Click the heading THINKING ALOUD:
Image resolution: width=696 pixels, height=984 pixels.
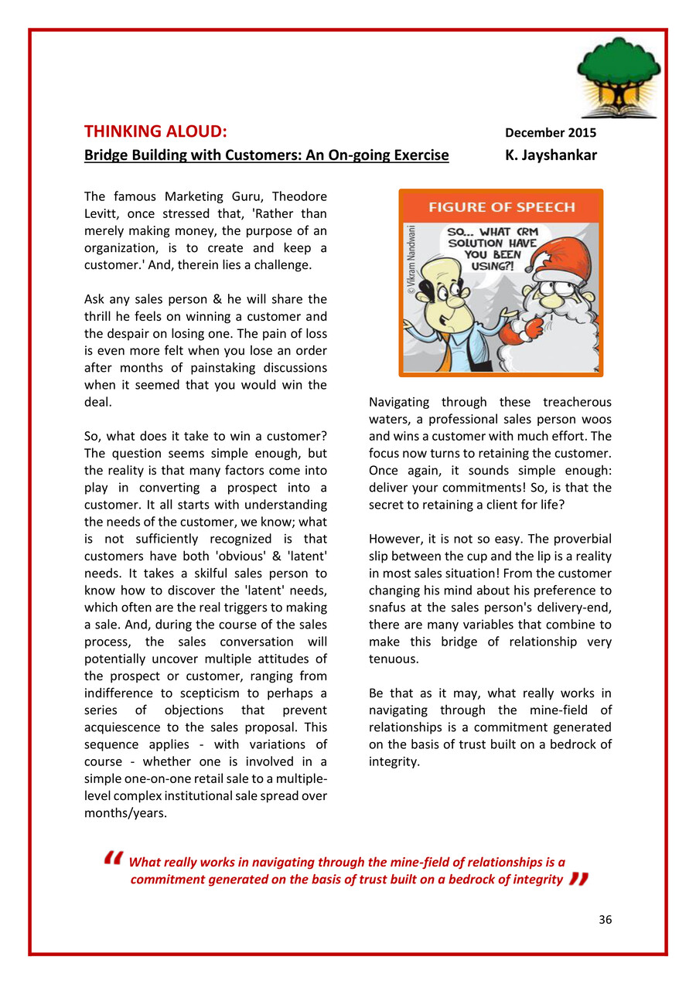click(x=155, y=131)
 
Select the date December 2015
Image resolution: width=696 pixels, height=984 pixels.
click(x=550, y=132)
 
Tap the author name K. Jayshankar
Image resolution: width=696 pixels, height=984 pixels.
click(x=551, y=155)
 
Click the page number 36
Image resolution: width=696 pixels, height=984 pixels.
click(x=605, y=919)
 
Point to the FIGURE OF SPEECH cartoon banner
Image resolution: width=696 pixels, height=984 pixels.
click(x=501, y=206)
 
